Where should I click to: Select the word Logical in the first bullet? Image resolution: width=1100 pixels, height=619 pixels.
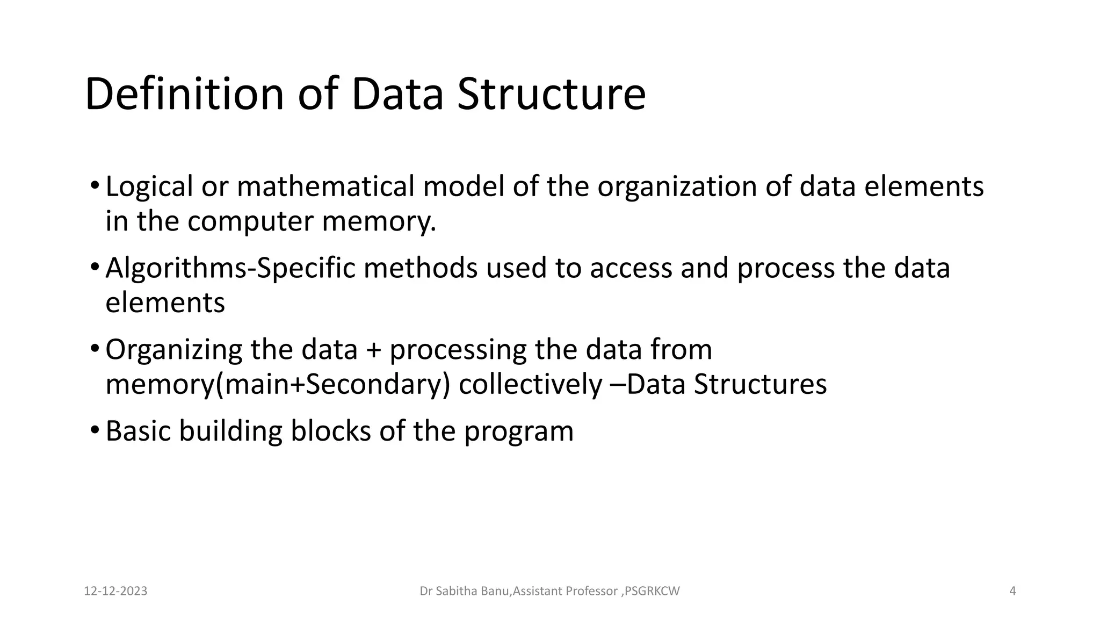pos(149,187)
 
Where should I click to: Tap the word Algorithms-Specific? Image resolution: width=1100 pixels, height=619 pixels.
pos(230,268)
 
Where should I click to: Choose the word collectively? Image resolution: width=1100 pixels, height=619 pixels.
pos(530,384)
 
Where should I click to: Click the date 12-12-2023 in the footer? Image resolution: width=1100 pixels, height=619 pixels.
pos(115,592)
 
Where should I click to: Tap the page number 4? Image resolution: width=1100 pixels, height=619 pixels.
pos(1012,592)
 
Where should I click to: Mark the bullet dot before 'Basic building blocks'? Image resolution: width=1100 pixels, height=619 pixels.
pos(95,430)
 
